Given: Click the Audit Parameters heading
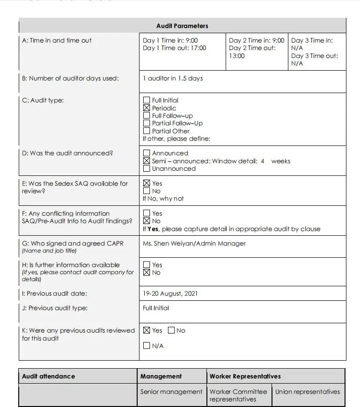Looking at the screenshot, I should (x=182, y=26).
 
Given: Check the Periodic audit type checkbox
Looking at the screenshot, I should (x=147, y=108).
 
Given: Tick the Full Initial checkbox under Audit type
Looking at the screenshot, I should (x=147, y=100).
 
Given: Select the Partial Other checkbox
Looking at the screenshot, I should (x=147, y=131).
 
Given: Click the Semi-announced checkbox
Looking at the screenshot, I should (x=147, y=161).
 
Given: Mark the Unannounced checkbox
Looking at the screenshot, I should (x=147, y=168).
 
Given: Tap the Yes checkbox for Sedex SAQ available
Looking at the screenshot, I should (x=147, y=183).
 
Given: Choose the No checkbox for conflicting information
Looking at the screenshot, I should (x=147, y=221).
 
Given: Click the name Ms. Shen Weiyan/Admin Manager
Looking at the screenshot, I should (x=194, y=243).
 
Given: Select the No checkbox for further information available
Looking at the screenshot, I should (x=147, y=272).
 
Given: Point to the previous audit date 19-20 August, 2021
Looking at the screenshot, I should (x=170, y=294).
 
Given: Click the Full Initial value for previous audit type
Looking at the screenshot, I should (x=156, y=308).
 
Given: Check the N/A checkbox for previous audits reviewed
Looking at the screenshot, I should (x=147, y=346).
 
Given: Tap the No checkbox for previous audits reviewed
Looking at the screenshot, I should (x=171, y=330).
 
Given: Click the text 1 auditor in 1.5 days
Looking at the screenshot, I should (x=173, y=78).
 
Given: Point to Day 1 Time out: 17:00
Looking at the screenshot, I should (x=174, y=48).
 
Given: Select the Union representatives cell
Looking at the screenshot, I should (x=308, y=392).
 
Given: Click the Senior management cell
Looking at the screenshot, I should (x=171, y=392).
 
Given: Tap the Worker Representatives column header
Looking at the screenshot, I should (x=245, y=376).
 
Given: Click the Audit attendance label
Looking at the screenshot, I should (x=48, y=376).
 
